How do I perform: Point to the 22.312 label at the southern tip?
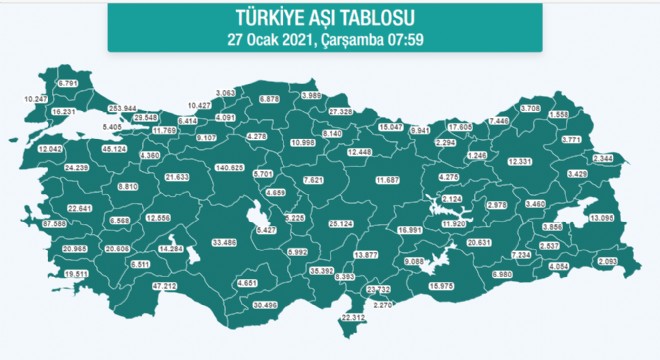tap(355, 318)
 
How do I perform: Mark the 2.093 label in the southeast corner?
tap(607, 262)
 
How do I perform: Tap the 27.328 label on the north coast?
tap(341, 111)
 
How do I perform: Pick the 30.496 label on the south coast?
tap(265, 304)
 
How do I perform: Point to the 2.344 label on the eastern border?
tap(603, 158)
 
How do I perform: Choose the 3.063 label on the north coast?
tap(224, 92)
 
